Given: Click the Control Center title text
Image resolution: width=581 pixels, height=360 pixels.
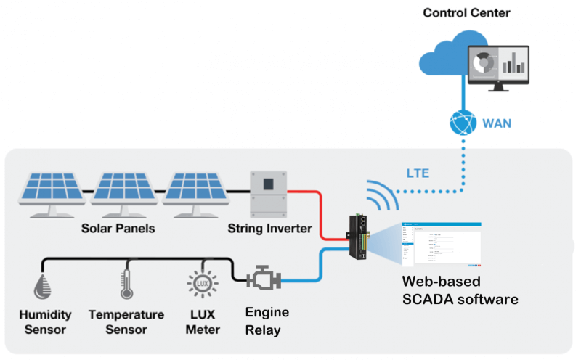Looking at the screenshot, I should [466, 12].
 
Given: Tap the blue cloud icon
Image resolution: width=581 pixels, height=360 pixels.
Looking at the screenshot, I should [443, 58].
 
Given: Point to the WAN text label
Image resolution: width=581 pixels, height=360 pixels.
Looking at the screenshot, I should [498, 123].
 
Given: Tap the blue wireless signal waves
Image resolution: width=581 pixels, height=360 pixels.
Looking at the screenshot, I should [380, 195].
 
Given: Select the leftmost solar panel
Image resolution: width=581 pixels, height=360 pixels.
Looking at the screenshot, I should [52, 193].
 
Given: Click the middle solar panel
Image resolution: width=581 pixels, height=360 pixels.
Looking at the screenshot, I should [122, 193].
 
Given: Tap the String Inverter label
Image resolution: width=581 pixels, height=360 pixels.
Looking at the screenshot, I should [270, 229].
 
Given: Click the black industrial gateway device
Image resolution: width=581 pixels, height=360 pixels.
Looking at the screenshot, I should [359, 237].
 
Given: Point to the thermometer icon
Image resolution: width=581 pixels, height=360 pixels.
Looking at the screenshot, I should [125, 286].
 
